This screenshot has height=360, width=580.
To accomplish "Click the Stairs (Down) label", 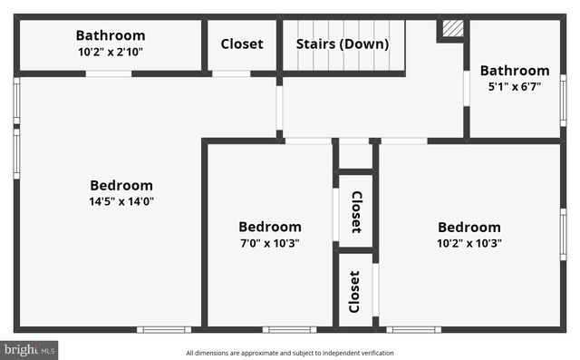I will point(343,44).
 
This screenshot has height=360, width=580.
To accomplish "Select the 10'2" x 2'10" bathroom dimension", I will point(110,52).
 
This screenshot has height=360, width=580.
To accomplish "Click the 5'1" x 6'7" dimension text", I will point(514,87).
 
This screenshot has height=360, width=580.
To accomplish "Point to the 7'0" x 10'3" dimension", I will point(269,243).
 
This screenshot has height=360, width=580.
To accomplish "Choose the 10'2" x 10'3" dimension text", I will point(469,243).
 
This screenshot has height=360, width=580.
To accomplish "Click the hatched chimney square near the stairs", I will point(451,30).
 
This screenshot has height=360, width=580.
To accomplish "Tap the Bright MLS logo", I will point(29,348).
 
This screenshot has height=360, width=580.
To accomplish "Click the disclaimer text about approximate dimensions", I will point(290,353).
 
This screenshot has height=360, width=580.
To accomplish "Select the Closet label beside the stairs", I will point(242,44).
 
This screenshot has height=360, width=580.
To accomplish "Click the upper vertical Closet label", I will point(356,212).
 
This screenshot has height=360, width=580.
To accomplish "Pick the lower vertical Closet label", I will point(355,291).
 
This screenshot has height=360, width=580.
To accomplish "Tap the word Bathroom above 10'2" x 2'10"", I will point(110,35).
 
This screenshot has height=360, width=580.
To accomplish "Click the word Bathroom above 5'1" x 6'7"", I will point(514,71).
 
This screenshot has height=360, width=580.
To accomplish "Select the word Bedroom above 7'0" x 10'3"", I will point(269,227).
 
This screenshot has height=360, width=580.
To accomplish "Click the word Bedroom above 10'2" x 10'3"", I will point(469,227).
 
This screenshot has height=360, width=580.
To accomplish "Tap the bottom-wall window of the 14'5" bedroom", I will point(164,329).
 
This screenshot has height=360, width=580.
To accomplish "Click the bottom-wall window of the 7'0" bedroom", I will point(290,329).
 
